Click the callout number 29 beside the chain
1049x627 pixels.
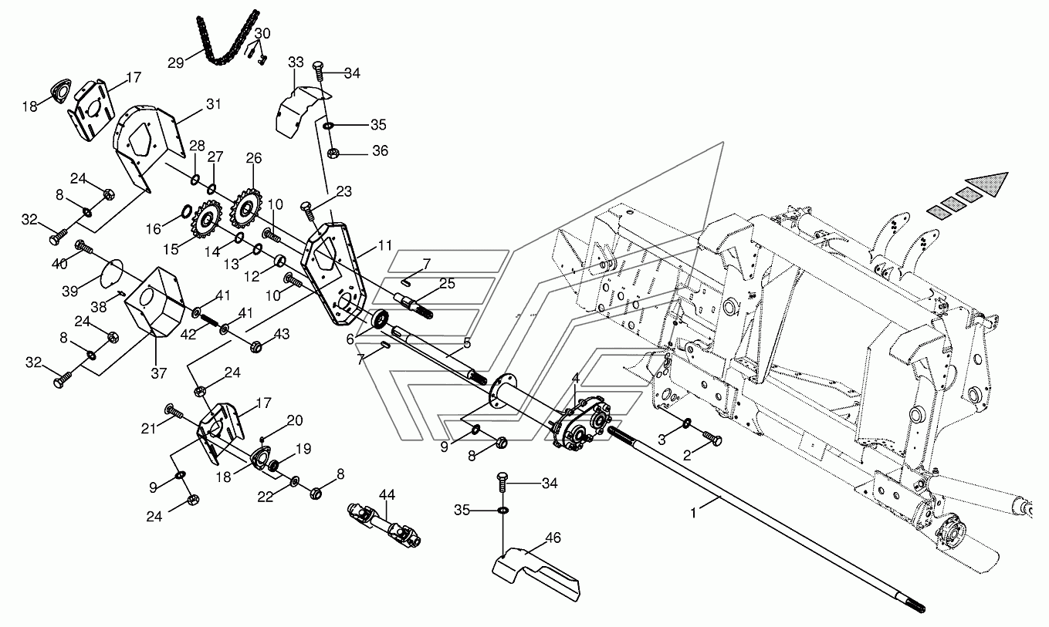(x=176, y=62)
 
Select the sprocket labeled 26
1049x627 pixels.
(x=245, y=207)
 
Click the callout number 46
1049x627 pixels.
(x=553, y=538)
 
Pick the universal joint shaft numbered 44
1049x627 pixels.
(x=384, y=524)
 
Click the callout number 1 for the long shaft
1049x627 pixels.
(x=693, y=513)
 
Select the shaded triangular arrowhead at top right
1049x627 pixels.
(x=985, y=184)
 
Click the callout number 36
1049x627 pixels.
(x=380, y=150)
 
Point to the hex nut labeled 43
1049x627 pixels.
(x=256, y=347)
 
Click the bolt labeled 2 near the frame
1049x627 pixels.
(x=712, y=438)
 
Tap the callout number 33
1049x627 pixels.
(x=296, y=62)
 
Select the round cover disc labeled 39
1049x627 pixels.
(x=112, y=272)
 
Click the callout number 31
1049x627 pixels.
(x=213, y=104)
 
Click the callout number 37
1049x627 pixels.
(x=159, y=373)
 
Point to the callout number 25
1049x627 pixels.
(x=447, y=283)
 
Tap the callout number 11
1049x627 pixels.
(x=384, y=244)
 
